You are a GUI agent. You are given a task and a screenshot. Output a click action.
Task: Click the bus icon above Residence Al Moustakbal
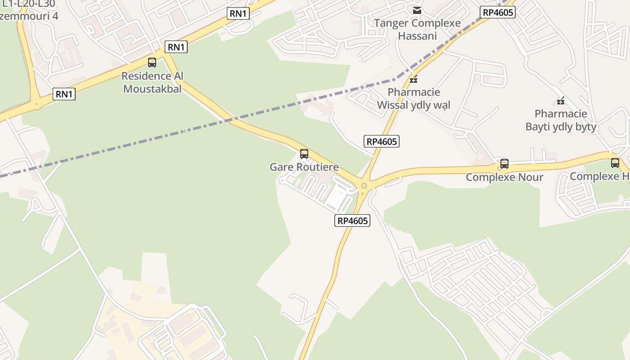pos(152,63)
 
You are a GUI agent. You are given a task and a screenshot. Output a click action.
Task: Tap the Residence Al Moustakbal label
pos(153,82)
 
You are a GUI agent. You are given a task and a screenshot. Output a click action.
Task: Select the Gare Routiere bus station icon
pos(304,154)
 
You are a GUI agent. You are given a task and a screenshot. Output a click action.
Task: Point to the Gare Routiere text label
pos(304,167)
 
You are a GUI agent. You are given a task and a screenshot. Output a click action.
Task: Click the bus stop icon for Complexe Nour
pos(504,164)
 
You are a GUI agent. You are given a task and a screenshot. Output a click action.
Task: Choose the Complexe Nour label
pos(504,177)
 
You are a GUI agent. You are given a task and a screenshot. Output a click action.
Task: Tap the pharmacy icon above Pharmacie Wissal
pos(414,80)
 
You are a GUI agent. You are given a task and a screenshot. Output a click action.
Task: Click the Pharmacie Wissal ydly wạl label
pos(414,99)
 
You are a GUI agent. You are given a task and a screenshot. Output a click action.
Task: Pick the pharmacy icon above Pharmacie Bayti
pos(561,101)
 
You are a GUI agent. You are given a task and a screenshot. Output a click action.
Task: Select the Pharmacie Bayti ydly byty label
pos(561,120)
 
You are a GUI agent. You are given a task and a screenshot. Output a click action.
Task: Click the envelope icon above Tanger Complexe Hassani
pos(417,10)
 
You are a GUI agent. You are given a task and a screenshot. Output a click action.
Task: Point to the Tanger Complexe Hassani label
pos(417,29)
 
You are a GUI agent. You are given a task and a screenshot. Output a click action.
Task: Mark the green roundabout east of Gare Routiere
pos(364,185)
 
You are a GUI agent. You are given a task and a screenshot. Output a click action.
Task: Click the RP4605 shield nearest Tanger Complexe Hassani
pos(498,12)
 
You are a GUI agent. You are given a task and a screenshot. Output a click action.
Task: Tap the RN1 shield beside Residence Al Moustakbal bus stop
pos(176,47)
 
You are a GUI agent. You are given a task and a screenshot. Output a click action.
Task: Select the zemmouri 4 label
pos(29,16)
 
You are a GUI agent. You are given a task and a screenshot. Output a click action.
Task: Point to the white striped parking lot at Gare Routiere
pos(337,198)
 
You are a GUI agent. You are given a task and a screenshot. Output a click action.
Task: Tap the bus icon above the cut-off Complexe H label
pos(615,163)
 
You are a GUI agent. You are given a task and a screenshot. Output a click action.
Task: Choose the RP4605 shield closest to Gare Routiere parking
pos(352,220)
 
